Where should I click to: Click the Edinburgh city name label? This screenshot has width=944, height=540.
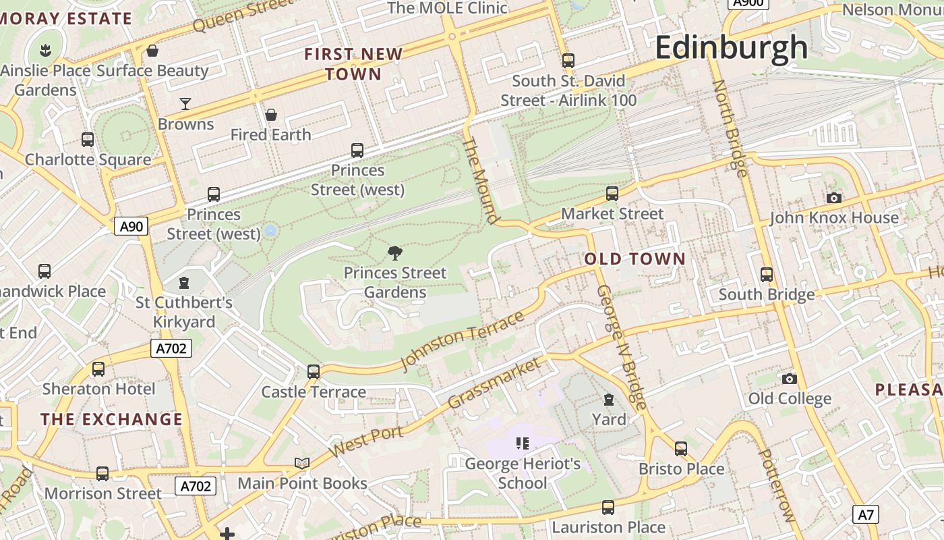point(731,47)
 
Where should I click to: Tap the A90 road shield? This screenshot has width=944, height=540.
point(131,226)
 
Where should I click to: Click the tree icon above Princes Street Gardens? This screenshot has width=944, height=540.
point(395,253)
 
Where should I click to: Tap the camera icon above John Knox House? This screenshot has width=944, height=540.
point(834,198)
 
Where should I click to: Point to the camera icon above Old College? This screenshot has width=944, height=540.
point(789,379)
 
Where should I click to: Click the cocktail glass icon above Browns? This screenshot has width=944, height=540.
point(185,103)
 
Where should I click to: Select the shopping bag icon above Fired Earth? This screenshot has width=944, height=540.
point(271,115)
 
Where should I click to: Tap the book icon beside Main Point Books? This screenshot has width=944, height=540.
point(302,463)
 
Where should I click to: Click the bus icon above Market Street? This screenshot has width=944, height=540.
point(612,194)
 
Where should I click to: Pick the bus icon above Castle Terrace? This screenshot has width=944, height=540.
point(314,371)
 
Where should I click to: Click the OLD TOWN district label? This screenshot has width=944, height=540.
point(635,259)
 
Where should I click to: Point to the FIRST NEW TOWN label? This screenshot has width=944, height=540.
point(353,64)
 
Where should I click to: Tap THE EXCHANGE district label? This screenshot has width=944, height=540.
point(112,419)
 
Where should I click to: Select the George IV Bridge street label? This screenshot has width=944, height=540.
point(622,347)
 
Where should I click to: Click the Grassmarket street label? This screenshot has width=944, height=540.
point(494,383)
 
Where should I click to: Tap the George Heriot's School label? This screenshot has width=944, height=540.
point(523,473)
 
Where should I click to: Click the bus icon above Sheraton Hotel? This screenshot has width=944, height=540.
point(98,369)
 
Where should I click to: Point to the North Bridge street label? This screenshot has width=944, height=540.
point(730,128)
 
